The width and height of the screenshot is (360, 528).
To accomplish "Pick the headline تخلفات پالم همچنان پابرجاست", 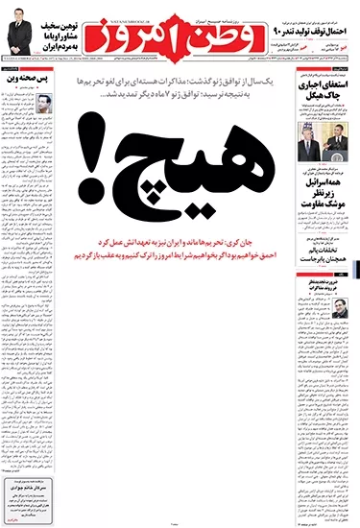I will point(316,254).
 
